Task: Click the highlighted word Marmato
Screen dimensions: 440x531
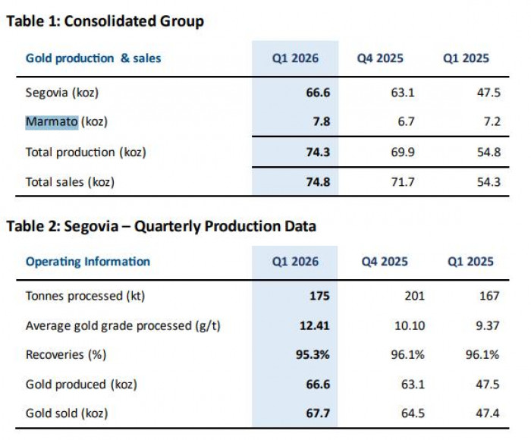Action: (x=52, y=122)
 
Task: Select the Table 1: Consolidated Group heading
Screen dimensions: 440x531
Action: (x=105, y=21)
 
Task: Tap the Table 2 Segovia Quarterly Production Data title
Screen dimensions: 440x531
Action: (x=161, y=226)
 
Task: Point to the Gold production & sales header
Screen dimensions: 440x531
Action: (x=93, y=58)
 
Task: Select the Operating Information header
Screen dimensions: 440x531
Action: (x=88, y=262)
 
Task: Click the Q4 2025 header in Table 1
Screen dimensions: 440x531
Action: (x=381, y=58)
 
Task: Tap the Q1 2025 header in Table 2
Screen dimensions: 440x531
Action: (x=470, y=262)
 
